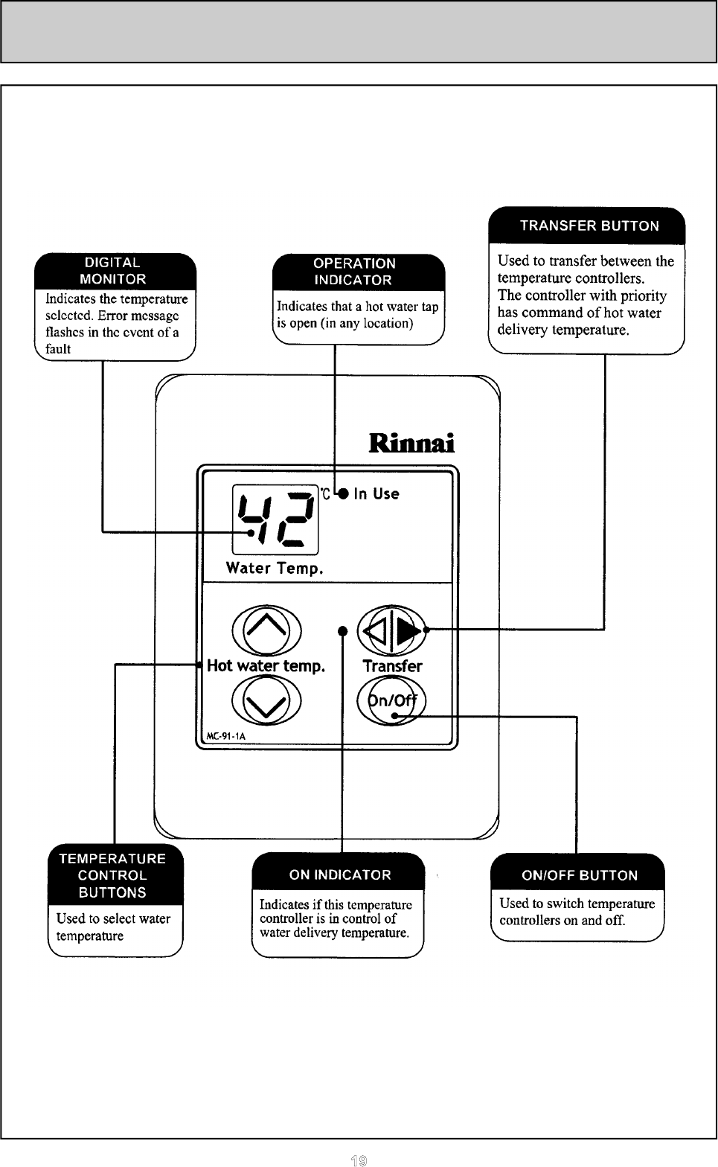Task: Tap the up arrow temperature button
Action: click(266, 630)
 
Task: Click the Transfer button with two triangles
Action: click(391, 630)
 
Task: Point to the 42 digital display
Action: click(275, 519)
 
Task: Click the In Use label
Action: click(376, 493)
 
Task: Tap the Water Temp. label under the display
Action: click(275, 569)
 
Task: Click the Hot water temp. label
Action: click(266, 665)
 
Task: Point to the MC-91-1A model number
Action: click(225, 737)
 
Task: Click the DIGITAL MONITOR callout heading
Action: click(115, 271)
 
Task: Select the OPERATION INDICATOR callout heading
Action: click(354, 272)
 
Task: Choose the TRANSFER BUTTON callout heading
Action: click(589, 226)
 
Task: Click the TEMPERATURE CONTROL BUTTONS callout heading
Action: click(112, 875)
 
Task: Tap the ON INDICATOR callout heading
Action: click(340, 875)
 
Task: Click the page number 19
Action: click(359, 1159)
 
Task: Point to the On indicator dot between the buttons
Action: click(342, 631)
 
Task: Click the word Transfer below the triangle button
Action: click(392, 666)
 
